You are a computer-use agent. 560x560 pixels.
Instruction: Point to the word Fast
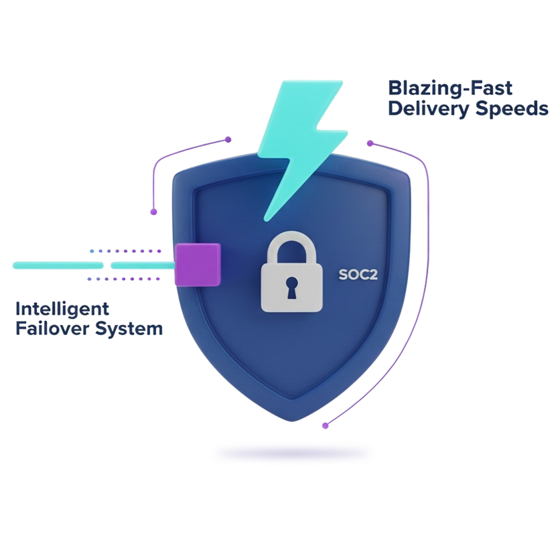(x=492, y=88)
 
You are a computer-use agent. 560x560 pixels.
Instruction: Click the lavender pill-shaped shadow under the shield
(x=293, y=453)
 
